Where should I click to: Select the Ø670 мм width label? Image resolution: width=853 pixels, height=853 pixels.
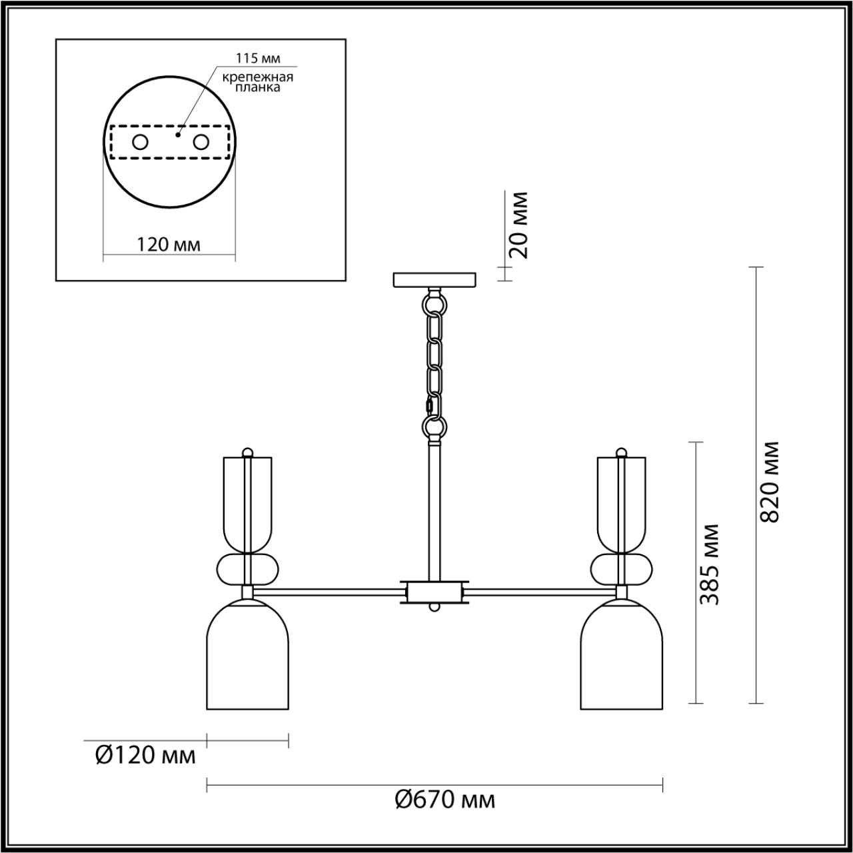444,798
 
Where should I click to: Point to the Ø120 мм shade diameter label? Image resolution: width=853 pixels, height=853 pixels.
146,755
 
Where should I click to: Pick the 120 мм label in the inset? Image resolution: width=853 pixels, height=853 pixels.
168,245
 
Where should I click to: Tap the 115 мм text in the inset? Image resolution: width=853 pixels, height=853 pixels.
257,59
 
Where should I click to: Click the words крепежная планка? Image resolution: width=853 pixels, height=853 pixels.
258,82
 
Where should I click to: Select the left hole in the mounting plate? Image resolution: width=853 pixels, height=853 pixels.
140,142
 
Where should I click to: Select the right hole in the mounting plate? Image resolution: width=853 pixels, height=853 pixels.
200,142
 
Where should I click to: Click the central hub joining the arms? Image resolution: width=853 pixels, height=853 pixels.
434,591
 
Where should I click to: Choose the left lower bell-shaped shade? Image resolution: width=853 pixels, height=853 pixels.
248,656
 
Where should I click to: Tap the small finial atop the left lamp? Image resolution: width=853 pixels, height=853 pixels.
247,452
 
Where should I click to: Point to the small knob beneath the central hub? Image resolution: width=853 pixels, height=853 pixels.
434,608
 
